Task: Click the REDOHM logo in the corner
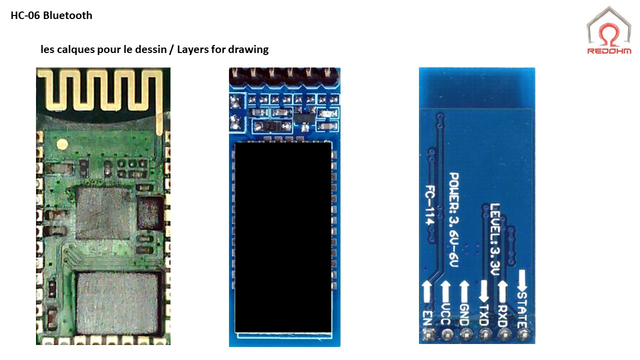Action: coord(608,30)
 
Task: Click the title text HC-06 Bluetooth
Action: coord(51,15)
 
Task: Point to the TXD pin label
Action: coord(484,315)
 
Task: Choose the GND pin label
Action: coord(464,315)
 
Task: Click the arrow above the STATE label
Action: coord(522,281)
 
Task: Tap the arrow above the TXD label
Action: coord(484,291)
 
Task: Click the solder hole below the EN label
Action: coord(427,333)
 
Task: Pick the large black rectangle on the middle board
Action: coord(283,237)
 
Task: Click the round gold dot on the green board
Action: coord(62,145)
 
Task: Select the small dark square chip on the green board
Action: coord(149,212)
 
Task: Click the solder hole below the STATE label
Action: coord(522,333)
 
